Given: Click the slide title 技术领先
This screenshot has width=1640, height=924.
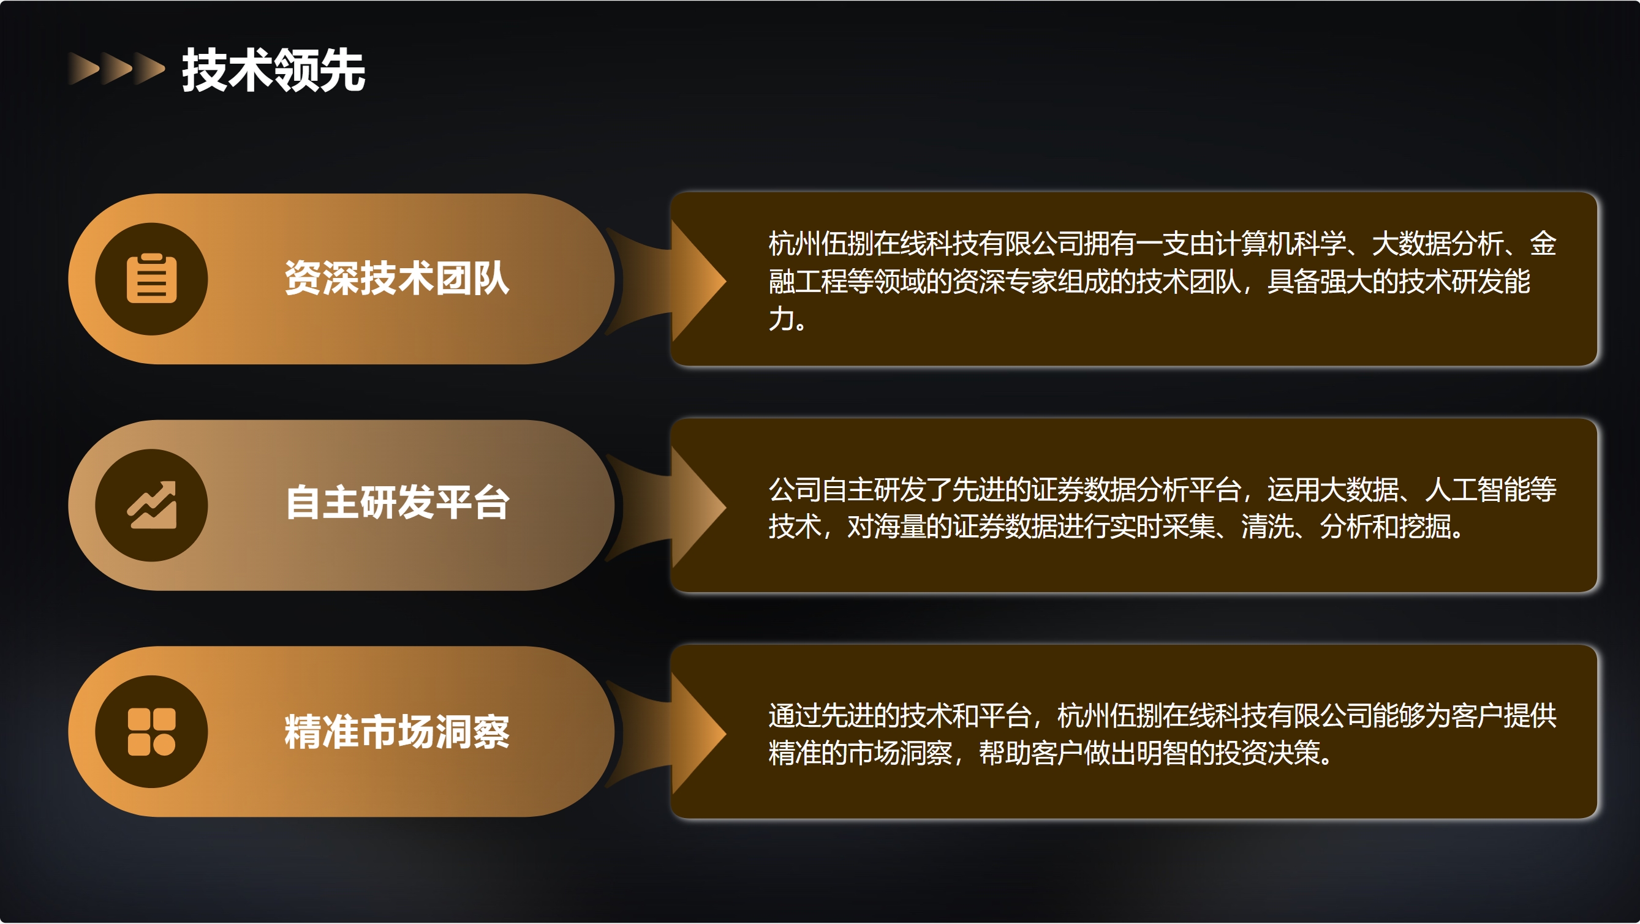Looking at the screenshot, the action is click(x=274, y=70).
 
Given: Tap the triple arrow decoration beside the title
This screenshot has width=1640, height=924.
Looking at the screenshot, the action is click(x=116, y=69).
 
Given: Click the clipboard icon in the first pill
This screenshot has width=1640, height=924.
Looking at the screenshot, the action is click(x=151, y=278).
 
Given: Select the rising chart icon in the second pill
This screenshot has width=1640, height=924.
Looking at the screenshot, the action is click(x=151, y=505).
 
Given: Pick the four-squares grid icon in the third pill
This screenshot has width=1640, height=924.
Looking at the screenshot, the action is click(x=151, y=732).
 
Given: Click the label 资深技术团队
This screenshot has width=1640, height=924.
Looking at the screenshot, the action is click(x=397, y=278).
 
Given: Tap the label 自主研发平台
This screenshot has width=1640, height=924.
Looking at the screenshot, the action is click(x=397, y=502).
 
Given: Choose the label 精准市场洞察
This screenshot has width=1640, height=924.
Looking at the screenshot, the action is click(x=397, y=732).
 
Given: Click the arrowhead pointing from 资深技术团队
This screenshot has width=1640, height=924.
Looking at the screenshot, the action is click(x=698, y=280).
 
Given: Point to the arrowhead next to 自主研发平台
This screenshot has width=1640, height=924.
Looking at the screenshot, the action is click(x=698, y=506).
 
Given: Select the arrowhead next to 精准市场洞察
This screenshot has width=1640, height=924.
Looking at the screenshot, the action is click(x=698, y=733).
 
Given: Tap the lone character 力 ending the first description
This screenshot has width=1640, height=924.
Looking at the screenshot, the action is click(x=781, y=318).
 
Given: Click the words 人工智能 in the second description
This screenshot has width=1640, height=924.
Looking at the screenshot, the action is click(x=1478, y=489).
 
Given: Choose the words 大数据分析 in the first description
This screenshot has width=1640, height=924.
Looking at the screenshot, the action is click(x=1438, y=244).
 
